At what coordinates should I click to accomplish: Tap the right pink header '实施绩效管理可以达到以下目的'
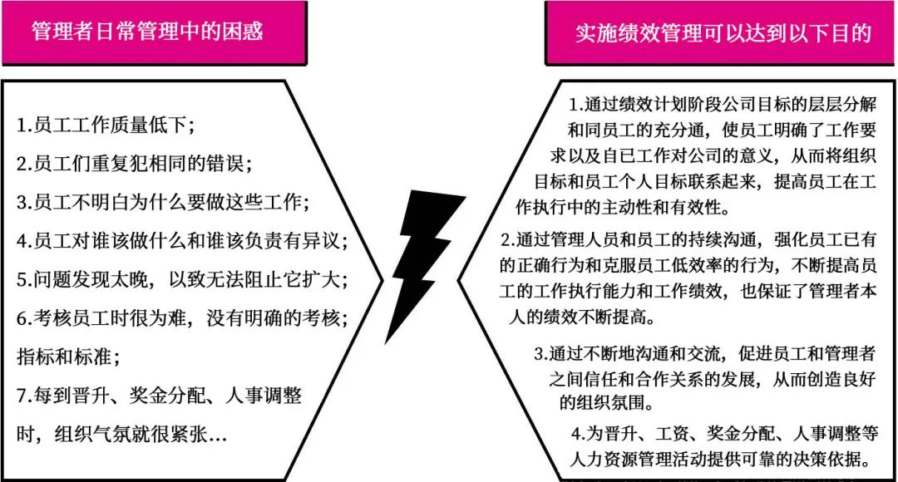(x=723, y=32)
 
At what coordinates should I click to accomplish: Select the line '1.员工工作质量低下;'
(x=106, y=126)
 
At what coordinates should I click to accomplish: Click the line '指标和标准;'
(x=68, y=357)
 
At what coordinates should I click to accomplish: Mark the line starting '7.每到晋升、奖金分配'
(x=159, y=396)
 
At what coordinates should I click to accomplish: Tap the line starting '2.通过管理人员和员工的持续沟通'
(x=698, y=240)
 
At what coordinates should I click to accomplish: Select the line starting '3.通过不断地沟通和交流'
(x=715, y=354)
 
